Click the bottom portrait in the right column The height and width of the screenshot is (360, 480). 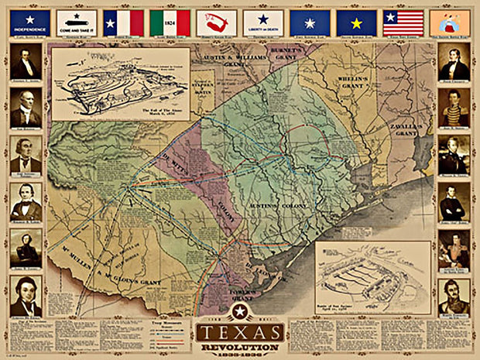coord(454,296)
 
